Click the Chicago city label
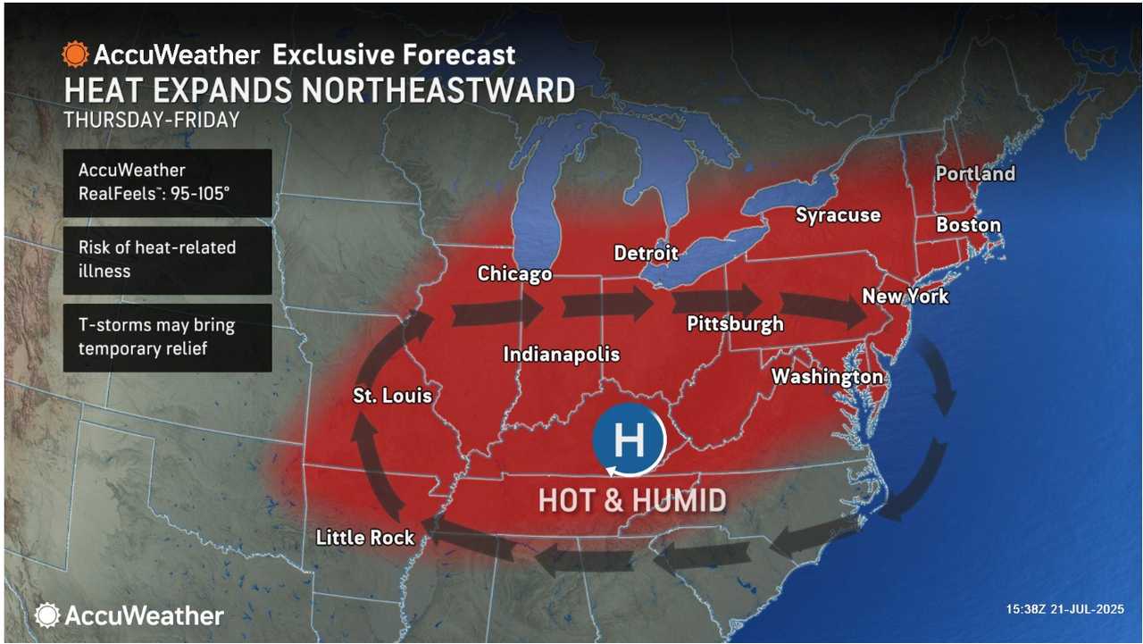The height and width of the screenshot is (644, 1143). tap(514, 273)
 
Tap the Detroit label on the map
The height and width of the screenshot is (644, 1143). tap(646, 253)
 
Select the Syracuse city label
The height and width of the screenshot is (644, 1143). tap(838, 215)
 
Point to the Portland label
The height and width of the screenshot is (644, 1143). tap(975, 173)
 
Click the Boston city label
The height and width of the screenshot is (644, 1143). tap(968, 225)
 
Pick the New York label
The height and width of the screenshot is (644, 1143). tap(905, 295)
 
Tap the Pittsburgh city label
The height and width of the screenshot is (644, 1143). tap(735, 323)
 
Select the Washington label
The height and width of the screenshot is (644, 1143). tap(827, 376)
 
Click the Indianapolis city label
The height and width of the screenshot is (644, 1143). tap(562, 354)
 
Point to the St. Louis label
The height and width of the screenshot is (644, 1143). tap(392, 395)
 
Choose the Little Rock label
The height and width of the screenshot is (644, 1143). tap(365, 537)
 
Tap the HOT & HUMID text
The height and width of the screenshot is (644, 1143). tap(631, 500)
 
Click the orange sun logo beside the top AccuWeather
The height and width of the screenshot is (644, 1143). tap(75, 54)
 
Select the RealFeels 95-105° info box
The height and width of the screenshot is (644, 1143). tap(167, 182)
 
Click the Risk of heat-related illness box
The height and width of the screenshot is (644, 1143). tap(167, 259)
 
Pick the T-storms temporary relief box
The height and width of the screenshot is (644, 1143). tap(167, 337)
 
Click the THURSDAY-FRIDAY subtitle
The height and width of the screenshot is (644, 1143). tap(151, 119)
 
